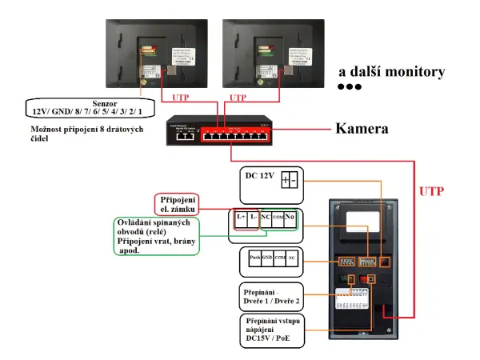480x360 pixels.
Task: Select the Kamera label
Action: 362,128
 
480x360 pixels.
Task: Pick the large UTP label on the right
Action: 432,192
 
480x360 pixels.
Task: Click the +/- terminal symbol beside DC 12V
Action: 290,181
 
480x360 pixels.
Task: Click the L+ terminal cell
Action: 241,217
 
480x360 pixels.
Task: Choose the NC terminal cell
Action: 266,217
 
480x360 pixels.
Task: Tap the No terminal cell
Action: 290,217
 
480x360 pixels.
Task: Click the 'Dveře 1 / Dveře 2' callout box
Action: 270,298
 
